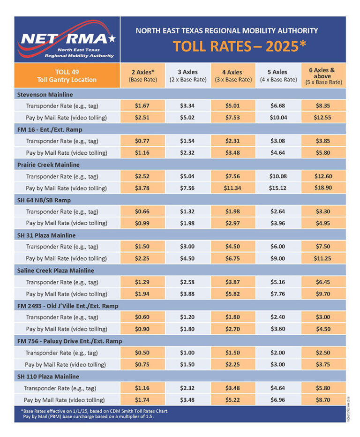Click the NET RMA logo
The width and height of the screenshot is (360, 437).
[x=67, y=40]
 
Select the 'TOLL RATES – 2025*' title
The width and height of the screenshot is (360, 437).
[x=240, y=47]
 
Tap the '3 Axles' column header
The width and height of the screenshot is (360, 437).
[x=187, y=75]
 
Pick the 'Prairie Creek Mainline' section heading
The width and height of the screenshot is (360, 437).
[x=46, y=165]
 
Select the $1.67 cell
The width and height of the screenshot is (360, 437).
[x=142, y=105]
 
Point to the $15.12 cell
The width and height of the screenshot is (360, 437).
[x=278, y=188]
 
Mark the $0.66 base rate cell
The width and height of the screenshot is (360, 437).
[x=142, y=211]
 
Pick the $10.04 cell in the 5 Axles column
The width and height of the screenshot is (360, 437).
[x=278, y=117]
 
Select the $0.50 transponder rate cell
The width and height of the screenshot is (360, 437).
[x=142, y=353]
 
